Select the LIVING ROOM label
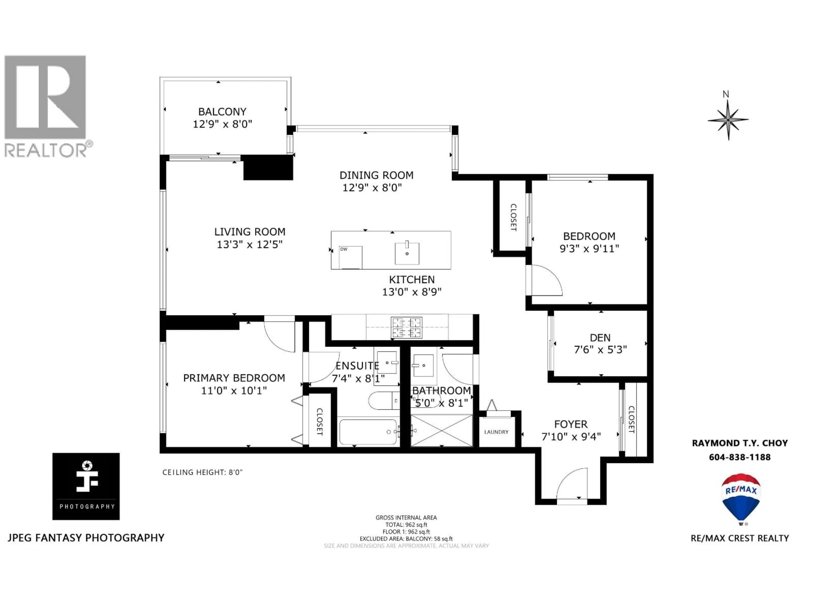(x=250, y=232)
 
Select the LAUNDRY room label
(x=496, y=432)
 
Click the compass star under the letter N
(x=728, y=119)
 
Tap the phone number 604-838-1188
(x=740, y=457)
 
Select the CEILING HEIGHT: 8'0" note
(x=203, y=472)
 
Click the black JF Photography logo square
(x=86, y=486)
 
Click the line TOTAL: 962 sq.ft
(x=406, y=525)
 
